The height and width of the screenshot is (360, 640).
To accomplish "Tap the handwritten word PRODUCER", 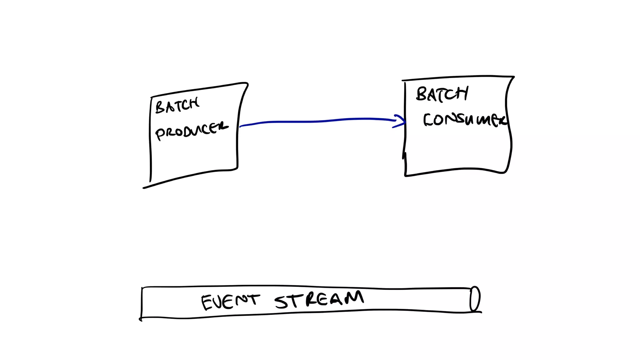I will pyautogui.click(x=192, y=130).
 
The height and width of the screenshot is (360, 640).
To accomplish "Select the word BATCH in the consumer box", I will pyautogui.click(x=442, y=94).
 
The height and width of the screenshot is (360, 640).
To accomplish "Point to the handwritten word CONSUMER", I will pyautogui.click(x=465, y=120).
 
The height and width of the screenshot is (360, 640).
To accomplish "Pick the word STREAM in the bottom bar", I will pyautogui.click(x=319, y=299).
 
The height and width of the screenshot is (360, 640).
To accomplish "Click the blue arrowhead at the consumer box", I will pyautogui.click(x=401, y=121).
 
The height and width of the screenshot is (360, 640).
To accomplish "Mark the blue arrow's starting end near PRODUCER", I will pyautogui.click(x=241, y=126).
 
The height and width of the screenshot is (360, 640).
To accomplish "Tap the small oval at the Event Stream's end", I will pyautogui.click(x=475, y=299).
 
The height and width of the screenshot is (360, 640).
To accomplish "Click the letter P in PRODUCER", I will pyautogui.click(x=160, y=134).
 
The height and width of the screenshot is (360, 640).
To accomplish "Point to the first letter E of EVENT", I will pyautogui.click(x=206, y=302).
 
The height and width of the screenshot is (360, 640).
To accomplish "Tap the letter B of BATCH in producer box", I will pyautogui.click(x=160, y=107).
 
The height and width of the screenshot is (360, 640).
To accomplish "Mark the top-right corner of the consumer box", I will pyautogui.click(x=513, y=77).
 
